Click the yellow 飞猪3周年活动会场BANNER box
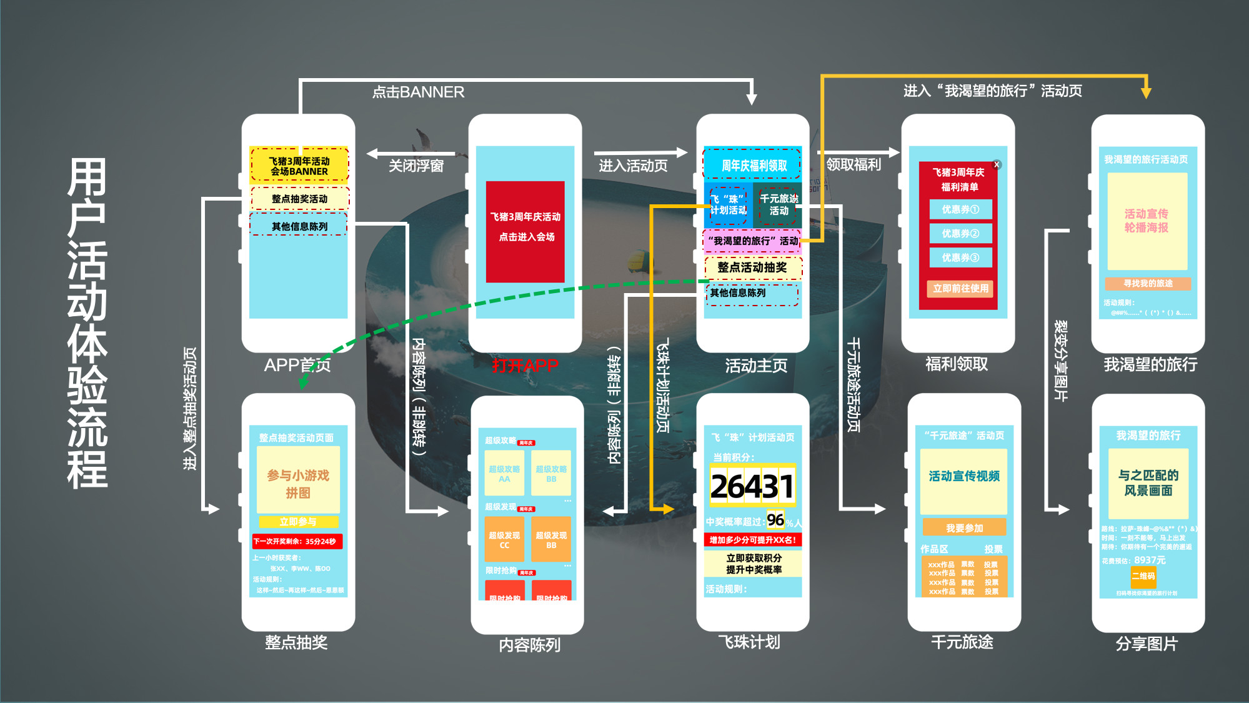coord(299,165)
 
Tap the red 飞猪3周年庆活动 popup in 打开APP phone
coord(525,231)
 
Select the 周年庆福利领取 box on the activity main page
coord(753,165)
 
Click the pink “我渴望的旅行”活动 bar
coord(753,241)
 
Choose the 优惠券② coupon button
coord(960,234)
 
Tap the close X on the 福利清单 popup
coord(997,165)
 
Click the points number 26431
coord(752,487)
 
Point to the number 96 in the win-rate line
coord(775,520)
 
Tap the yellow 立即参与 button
coord(298,522)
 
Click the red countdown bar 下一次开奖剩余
coord(297,541)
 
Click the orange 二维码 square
coord(1143,576)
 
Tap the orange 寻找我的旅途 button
coord(1148,284)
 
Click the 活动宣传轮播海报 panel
coord(1147,221)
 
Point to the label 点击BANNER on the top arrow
coord(418,92)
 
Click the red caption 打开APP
coord(525,366)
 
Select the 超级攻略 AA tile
coord(504,474)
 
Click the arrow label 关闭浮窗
coord(416,166)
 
